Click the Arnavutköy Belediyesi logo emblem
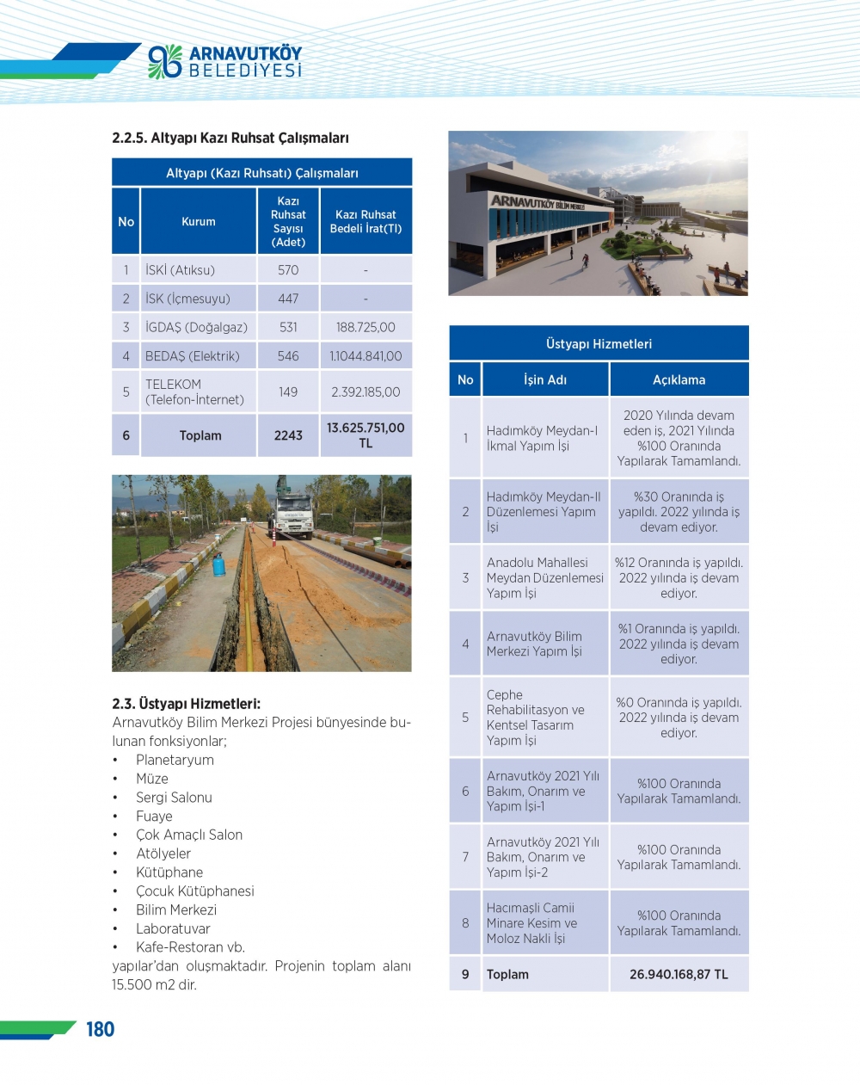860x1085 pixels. [164, 61]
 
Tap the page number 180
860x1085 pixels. [100, 1029]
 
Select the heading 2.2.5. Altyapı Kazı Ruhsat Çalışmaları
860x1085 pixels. [230, 138]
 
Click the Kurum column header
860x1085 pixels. [199, 222]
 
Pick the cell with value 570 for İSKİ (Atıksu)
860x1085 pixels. [288, 270]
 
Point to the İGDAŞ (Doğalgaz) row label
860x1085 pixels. [196, 327]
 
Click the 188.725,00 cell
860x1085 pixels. [365, 327]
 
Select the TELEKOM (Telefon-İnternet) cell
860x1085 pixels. [195, 391]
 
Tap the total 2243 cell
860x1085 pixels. [288, 435]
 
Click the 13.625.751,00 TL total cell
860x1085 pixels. [365, 435]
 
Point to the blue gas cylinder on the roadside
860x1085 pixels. [219, 565]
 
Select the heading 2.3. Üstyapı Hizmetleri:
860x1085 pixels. [186, 704]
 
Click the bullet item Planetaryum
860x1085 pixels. [175, 760]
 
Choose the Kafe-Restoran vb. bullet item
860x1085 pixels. [190, 947]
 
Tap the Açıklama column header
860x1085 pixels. [679, 379]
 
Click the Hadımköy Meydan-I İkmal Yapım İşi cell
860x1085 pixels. [543, 438]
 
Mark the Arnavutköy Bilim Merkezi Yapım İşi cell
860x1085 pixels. [535, 644]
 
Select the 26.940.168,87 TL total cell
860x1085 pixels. [679, 974]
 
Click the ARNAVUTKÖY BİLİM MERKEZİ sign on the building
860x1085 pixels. [537, 204]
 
